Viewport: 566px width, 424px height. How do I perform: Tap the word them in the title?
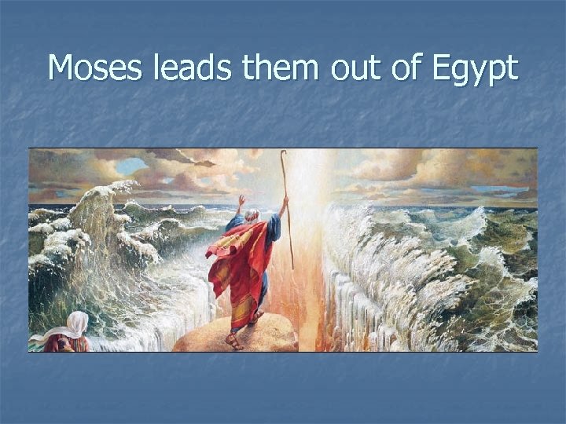click(x=281, y=68)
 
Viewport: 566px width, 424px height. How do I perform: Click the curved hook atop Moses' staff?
click(x=283, y=155)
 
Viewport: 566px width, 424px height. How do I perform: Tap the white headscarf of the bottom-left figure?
click(x=78, y=323)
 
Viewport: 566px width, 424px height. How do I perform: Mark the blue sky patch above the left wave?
click(x=131, y=166)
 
